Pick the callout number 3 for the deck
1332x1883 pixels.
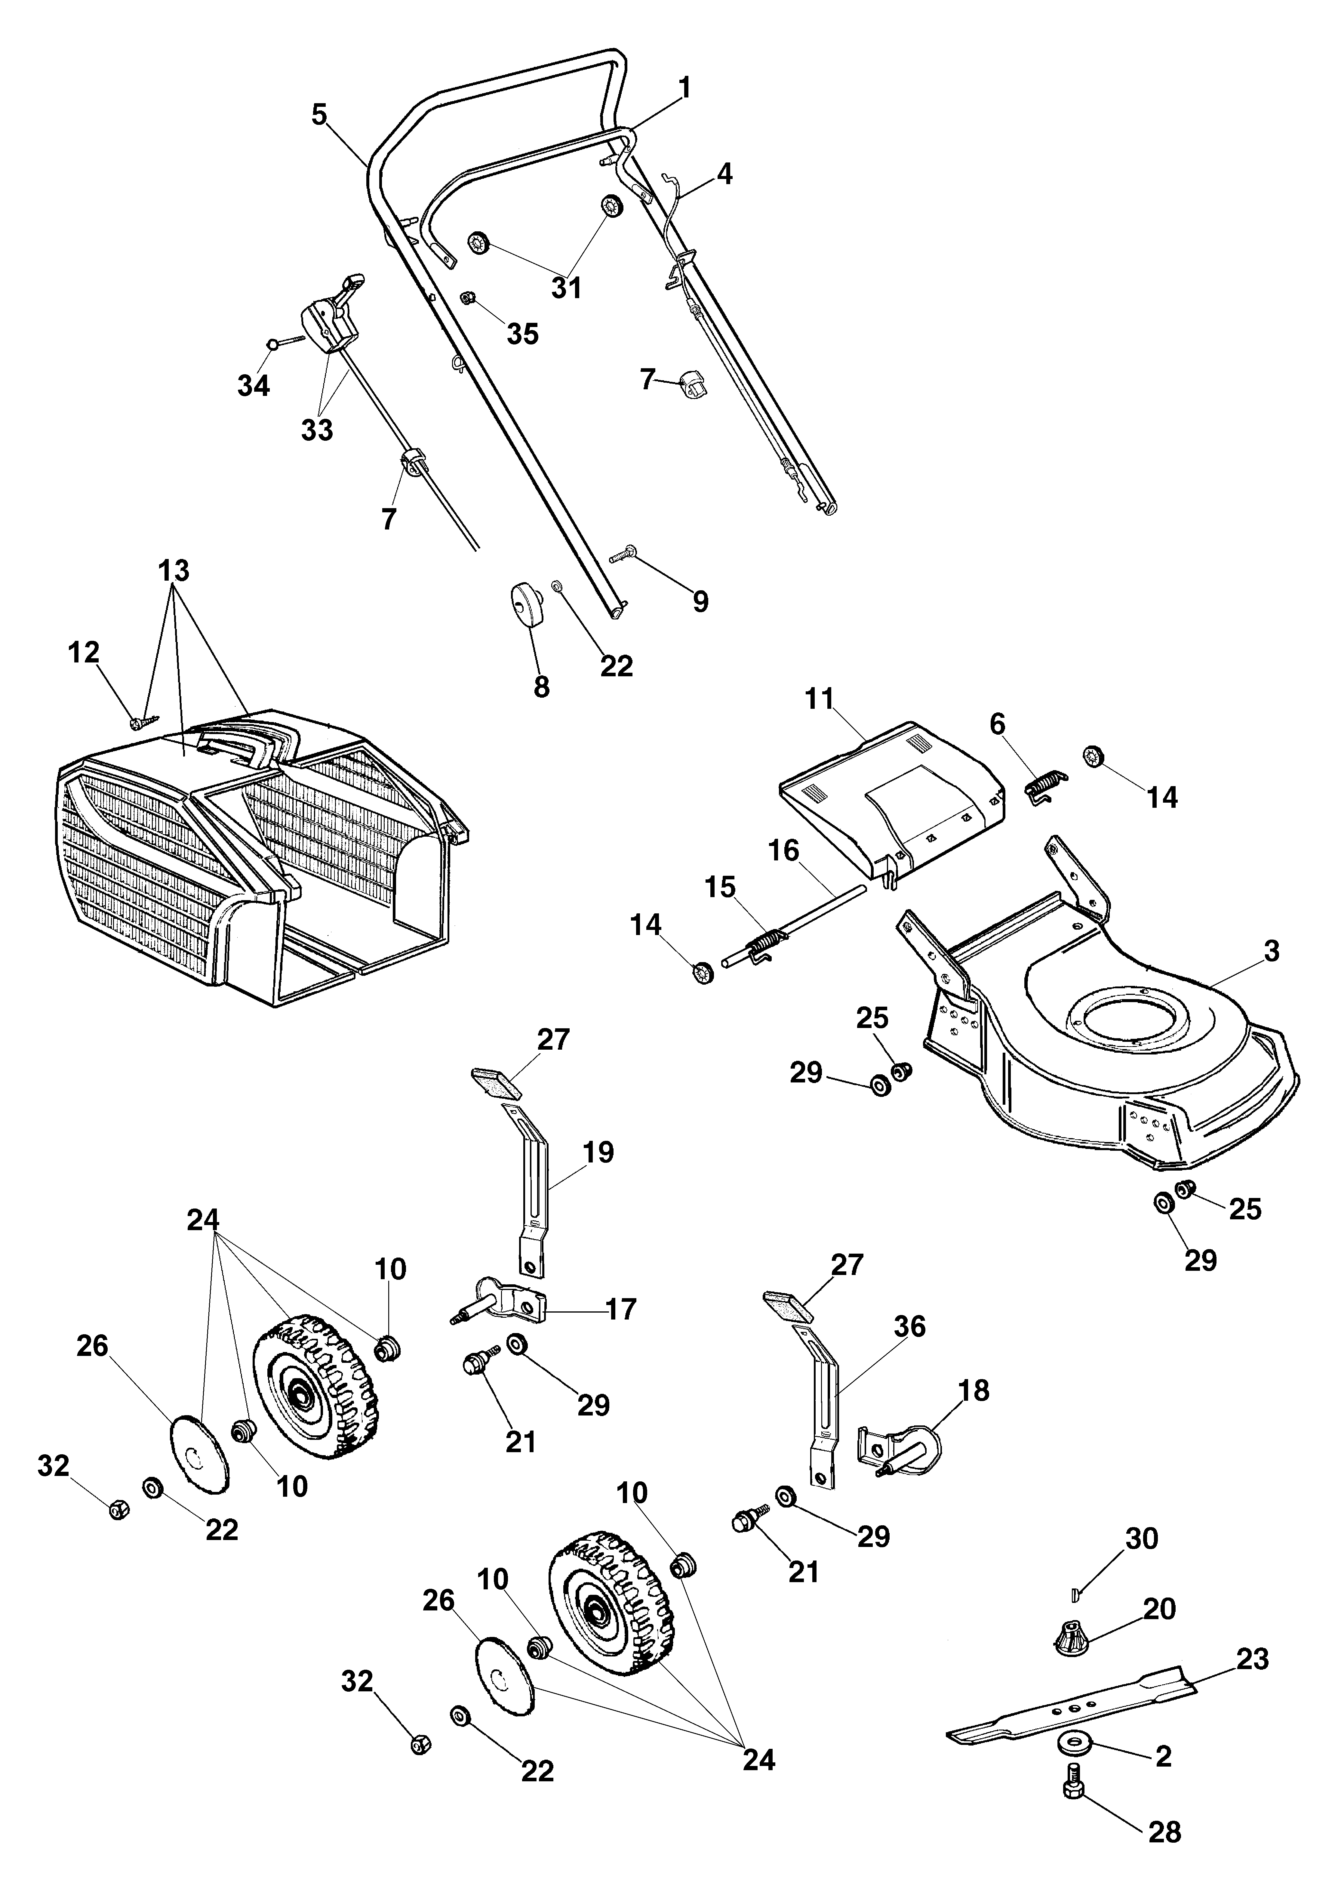click(x=1271, y=952)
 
